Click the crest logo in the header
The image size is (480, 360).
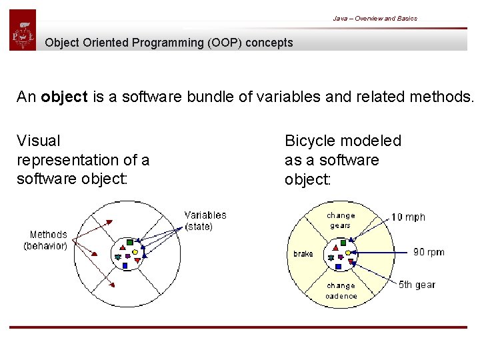pos(23,31)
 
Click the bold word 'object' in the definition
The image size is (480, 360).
pos(64,97)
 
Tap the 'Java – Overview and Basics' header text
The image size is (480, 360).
pos(375,19)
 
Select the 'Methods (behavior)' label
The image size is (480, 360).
pos(46,240)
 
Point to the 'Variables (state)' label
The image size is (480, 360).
pos(205,221)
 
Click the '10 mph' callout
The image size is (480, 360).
pos(407,217)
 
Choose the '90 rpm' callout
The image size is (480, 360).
pos(428,252)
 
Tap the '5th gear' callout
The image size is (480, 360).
pos(417,285)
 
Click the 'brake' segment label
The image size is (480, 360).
pos(303,254)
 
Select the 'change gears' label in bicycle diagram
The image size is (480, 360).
pos(341,221)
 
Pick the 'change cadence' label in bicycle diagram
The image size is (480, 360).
pos(341,291)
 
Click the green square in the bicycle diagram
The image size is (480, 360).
pos(343,243)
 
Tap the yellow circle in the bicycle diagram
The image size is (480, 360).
pos(348,253)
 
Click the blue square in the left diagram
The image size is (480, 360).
pos(125,265)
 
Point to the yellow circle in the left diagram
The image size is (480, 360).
pos(135,252)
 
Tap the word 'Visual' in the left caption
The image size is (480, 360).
pos(38,141)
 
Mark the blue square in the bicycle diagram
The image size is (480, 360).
pos(338,265)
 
